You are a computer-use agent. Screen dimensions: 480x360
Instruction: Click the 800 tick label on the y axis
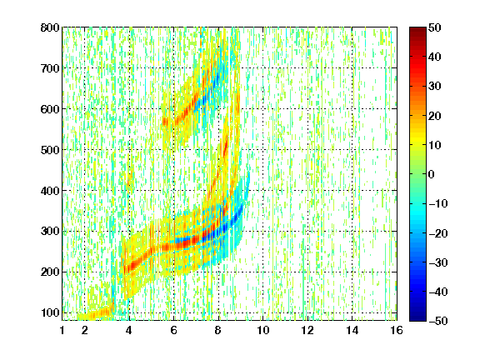coord(50,27)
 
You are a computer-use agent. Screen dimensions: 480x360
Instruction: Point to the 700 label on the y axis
coord(50,68)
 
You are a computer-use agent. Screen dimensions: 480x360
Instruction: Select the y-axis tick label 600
coord(50,109)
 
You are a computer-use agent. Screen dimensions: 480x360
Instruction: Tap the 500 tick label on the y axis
coord(50,150)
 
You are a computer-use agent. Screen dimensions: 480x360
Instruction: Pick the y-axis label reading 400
coord(50,191)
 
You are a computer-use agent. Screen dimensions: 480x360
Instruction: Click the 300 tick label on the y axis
coord(50,231)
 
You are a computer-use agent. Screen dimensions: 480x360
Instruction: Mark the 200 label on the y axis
coord(50,272)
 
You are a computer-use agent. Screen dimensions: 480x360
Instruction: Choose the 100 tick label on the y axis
coord(50,312)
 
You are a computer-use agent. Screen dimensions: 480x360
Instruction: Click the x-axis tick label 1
coord(62,330)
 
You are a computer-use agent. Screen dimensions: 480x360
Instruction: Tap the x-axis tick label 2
coord(85,330)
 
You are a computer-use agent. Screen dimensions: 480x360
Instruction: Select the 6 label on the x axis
coord(174,330)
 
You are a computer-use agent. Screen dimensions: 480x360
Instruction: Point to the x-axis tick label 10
coord(263,330)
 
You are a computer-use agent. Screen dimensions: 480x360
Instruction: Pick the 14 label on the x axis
coord(352,330)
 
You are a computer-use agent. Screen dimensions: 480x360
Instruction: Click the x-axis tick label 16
coord(397,330)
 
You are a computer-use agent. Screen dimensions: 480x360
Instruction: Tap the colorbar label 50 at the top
coord(434,27)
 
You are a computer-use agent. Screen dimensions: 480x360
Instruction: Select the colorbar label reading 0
coord(432,174)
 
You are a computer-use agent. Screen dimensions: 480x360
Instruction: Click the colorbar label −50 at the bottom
coord(438,321)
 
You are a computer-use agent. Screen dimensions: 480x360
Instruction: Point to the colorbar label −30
coord(438,262)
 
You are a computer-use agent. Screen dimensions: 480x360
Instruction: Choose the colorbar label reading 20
coord(434,116)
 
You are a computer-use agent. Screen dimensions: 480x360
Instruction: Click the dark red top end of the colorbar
coord(417,29)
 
